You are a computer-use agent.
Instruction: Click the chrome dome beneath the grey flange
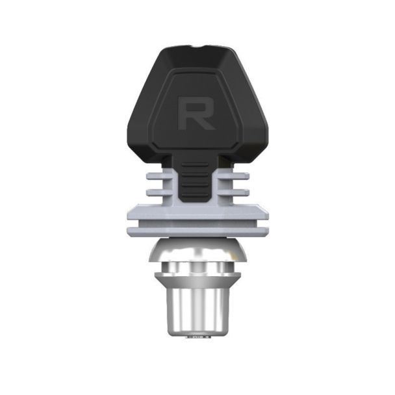(x=197, y=251)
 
